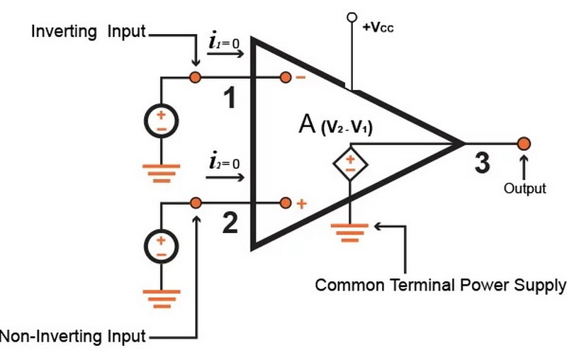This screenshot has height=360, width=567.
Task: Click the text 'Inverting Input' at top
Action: coord(88,32)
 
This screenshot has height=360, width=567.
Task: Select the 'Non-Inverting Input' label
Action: coord(72,336)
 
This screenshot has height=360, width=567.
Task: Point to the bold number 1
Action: coord(229,100)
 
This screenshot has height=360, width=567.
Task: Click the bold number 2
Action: coord(229,224)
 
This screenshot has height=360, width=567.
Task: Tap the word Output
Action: coord(524,189)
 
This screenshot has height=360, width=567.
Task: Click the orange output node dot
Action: coord(524,144)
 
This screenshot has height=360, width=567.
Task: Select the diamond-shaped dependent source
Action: coord(350,164)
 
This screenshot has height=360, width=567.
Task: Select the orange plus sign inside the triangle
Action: coord(301,204)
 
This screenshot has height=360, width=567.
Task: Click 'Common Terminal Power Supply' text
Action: coord(440,286)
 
